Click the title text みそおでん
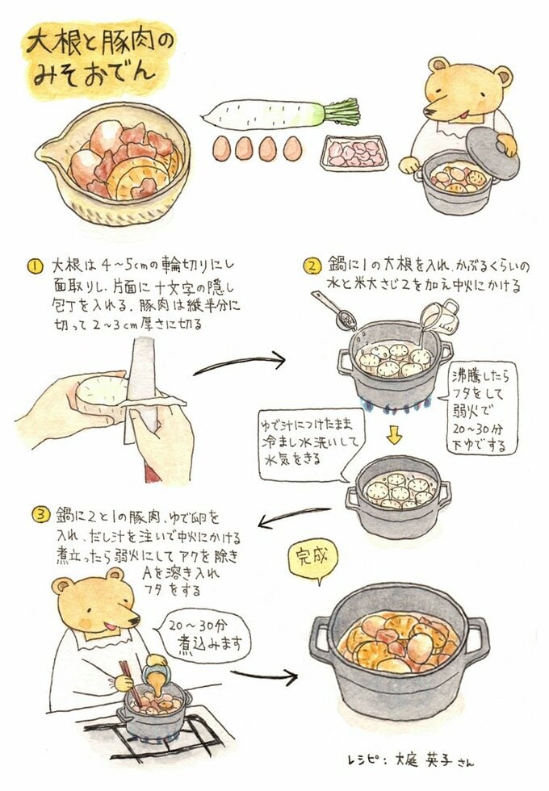[x=93, y=74]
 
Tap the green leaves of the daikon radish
[x=339, y=112]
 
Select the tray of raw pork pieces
[x=354, y=151]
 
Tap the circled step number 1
[x=35, y=265]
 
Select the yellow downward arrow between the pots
[x=393, y=435]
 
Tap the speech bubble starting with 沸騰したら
[x=482, y=408]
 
